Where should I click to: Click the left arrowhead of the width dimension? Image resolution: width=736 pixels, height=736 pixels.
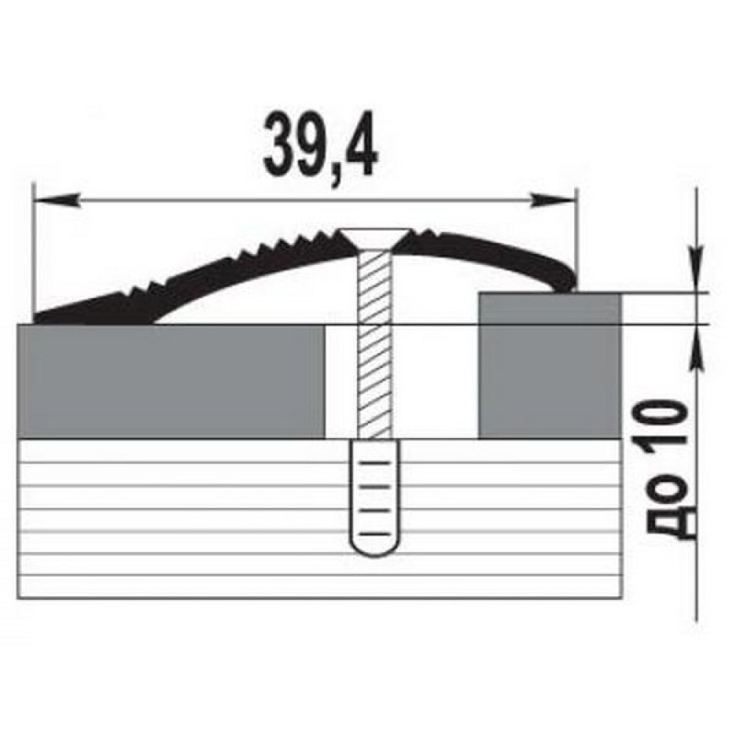[x=55, y=200]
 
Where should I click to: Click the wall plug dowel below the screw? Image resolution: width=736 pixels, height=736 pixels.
[x=375, y=498]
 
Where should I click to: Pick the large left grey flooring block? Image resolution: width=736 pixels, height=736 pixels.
[x=171, y=381]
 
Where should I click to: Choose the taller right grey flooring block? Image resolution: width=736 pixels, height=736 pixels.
[x=550, y=366]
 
